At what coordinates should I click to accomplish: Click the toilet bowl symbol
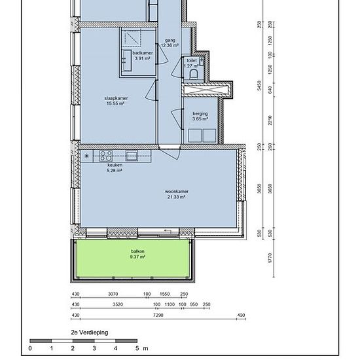click(194, 75)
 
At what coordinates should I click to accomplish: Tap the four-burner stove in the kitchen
click(106, 156)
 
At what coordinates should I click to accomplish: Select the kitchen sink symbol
click(132, 156)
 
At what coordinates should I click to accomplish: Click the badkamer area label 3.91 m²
click(142, 58)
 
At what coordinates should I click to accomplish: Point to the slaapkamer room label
click(116, 98)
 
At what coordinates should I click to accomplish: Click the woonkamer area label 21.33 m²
click(176, 197)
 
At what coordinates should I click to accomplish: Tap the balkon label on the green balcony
click(137, 251)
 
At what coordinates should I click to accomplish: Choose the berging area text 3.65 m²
click(200, 118)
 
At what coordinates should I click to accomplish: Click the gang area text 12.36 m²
click(170, 45)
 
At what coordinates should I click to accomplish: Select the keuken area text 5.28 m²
click(115, 171)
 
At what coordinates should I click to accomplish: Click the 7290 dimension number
click(158, 315)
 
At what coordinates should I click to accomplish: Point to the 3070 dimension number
click(113, 294)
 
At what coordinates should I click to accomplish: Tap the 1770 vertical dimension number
click(270, 258)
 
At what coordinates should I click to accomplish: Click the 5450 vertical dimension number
click(259, 85)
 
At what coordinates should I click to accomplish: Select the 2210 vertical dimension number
click(270, 120)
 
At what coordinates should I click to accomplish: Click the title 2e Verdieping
click(90, 333)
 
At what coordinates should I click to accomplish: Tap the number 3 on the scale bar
click(94, 348)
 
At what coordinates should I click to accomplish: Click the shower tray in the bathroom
click(132, 38)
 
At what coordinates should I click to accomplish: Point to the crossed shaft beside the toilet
click(206, 90)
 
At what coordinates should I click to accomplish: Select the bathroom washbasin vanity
click(128, 61)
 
